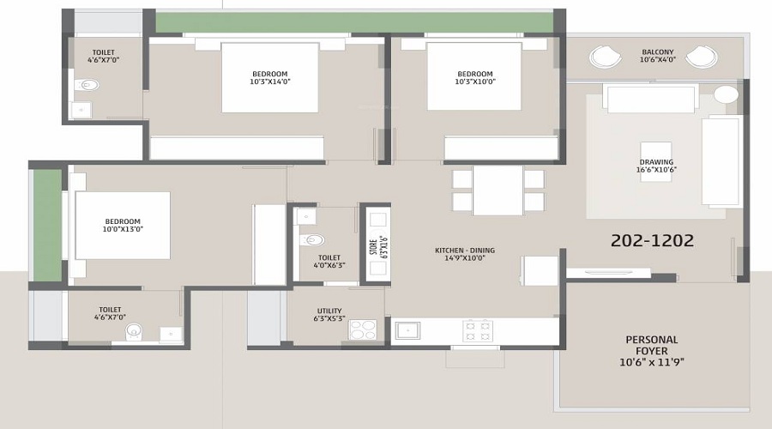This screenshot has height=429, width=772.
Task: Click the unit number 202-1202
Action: (652, 242)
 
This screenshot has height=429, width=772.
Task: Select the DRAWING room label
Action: (656, 161)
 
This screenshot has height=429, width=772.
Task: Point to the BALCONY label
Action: (658, 52)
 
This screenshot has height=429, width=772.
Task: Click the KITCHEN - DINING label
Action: (464, 251)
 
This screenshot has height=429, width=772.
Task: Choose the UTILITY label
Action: (329, 311)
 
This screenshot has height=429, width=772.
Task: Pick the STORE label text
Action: (373, 246)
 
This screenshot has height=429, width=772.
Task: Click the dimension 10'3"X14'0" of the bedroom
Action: (270, 82)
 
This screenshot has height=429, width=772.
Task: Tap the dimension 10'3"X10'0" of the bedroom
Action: (474, 82)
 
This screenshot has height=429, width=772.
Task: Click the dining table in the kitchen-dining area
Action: (498, 190)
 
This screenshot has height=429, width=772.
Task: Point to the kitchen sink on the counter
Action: (407, 330)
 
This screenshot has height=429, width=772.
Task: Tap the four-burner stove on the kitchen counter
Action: (477, 330)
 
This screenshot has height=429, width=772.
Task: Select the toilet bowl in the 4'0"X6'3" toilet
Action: (315, 239)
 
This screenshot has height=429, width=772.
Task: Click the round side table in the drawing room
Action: (726, 94)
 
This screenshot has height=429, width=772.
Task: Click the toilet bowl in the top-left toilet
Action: (87, 85)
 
